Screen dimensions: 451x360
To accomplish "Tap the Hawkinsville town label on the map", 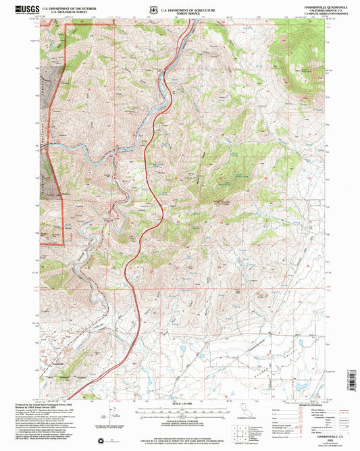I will pyautogui.click(x=55, y=362).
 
